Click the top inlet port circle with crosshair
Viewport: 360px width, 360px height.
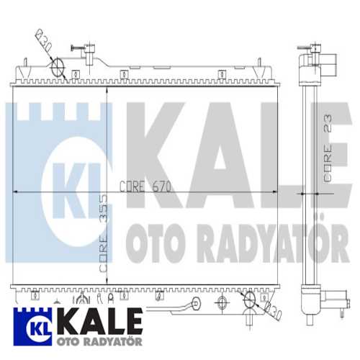(59, 67)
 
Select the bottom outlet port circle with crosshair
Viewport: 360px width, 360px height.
(249, 300)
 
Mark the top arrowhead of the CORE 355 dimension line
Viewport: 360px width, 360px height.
(107, 89)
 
